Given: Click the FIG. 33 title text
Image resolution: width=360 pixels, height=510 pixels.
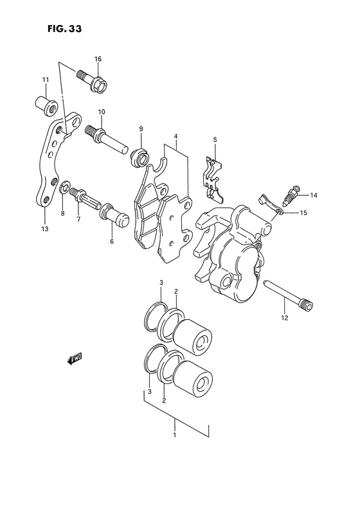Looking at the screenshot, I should pyautogui.click(x=64, y=30).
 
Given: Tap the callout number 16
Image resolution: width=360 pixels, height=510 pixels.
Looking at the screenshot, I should pyautogui.click(x=98, y=59).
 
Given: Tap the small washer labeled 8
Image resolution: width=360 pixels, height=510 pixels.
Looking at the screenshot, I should pyautogui.click(x=64, y=191).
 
